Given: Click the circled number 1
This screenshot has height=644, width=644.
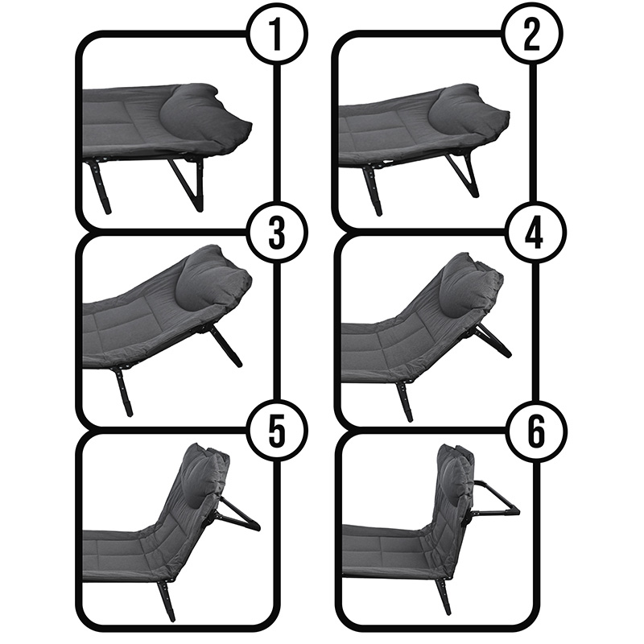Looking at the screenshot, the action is [x=277, y=35].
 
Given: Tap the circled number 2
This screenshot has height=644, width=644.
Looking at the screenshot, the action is [x=533, y=35].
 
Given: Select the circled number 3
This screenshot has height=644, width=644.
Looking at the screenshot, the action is [x=277, y=233].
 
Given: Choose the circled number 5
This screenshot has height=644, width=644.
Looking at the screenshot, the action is [x=277, y=431].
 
